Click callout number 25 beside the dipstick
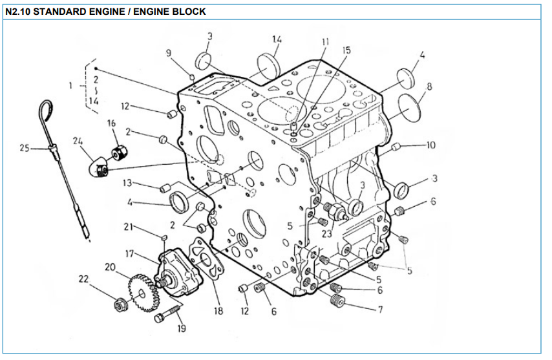[x=25, y=149]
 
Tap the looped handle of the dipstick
[x=45, y=107]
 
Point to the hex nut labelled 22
[x=120, y=303]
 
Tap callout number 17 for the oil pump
[x=130, y=253]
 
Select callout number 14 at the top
[x=277, y=39]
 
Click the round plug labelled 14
[x=267, y=65]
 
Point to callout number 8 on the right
[x=429, y=85]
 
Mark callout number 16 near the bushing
[x=111, y=123]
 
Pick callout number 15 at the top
[x=346, y=50]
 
